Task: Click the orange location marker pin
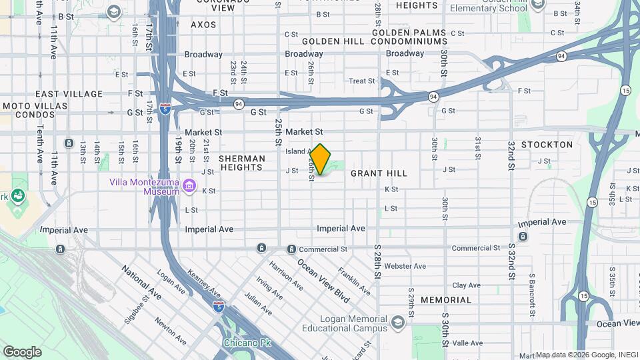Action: coord(320,159)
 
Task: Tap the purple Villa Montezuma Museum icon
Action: coord(190,185)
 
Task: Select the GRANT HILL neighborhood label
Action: coord(379,173)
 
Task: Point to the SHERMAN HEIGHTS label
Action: coord(242,163)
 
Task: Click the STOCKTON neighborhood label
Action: coord(547,145)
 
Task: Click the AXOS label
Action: coord(203,25)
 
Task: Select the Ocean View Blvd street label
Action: coord(323,280)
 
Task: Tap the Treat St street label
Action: coord(362,81)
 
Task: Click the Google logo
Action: coord(22,352)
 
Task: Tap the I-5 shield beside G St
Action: coord(164,109)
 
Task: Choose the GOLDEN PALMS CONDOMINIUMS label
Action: coord(409,37)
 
